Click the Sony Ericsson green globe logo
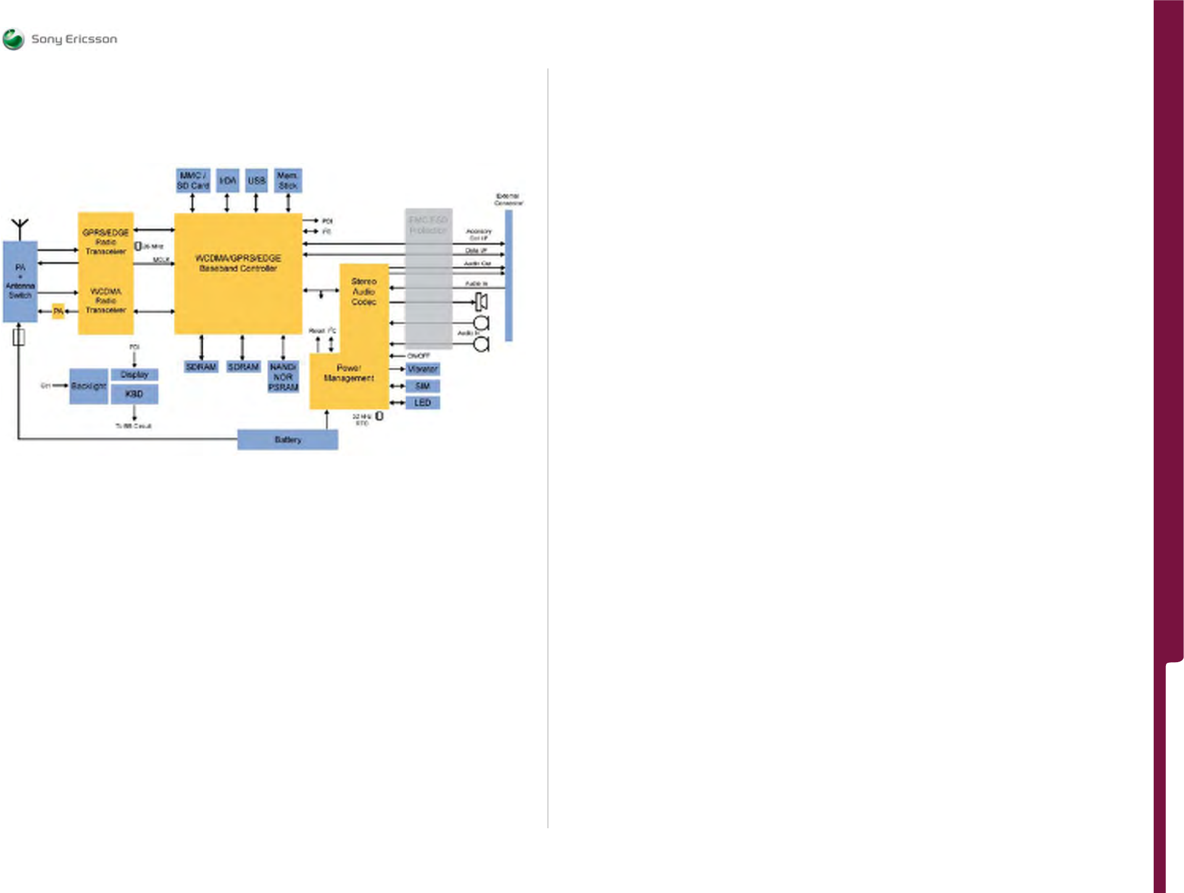(x=13, y=39)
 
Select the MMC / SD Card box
(x=193, y=181)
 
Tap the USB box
(x=256, y=181)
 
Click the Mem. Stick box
(x=288, y=181)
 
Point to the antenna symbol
(x=20, y=229)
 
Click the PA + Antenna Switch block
(x=20, y=281)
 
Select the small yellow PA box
(x=58, y=311)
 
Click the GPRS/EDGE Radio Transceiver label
(x=106, y=242)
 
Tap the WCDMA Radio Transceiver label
(x=106, y=301)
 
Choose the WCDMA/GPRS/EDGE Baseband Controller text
(x=238, y=263)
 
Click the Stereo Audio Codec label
(x=364, y=292)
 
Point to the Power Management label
(x=349, y=373)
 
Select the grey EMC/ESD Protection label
(x=428, y=226)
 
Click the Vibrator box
(x=423, y=369)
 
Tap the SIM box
(x=423, y=386)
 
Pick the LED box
(x=423, y=403)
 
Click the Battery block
(x=287, y=440)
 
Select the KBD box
(x=134, y=394)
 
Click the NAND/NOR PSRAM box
(x=283, y=377)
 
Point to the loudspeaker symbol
(x=482, y=302)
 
